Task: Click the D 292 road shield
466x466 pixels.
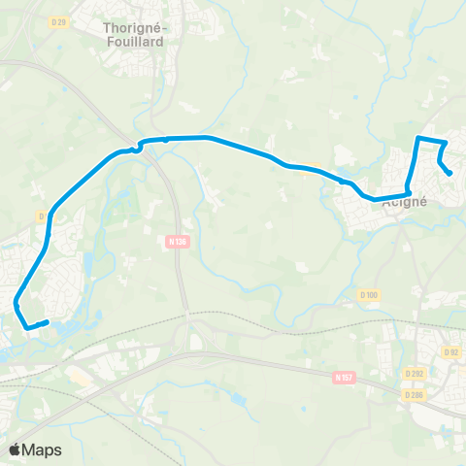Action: (415, 372)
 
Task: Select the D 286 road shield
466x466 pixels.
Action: (415, 394)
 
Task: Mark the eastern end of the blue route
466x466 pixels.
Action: (449, 174)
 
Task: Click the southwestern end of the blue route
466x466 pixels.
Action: (47, 321)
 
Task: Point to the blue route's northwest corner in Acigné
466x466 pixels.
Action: (418, 140)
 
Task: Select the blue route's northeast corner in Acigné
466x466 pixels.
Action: (445, 144)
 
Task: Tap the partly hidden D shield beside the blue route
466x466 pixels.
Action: (43, 216)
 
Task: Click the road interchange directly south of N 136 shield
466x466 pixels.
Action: (188, 335)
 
